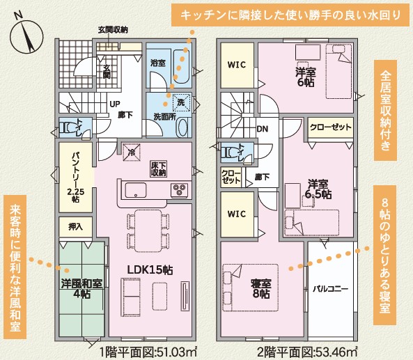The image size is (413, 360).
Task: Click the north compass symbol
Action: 26,36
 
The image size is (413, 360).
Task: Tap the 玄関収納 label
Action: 113,30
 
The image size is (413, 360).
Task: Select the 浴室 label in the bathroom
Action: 158,63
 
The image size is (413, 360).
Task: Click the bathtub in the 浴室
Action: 182,66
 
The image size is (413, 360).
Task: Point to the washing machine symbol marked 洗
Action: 182,102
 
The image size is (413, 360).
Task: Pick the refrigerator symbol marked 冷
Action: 131,152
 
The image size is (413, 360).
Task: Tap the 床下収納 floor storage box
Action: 158,169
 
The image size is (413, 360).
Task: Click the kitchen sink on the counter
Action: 136,190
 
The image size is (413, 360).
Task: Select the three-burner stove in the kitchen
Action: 180,190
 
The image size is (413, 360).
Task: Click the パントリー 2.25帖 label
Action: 76,176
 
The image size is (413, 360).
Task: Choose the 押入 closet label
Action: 76,227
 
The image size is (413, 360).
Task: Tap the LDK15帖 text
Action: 150,269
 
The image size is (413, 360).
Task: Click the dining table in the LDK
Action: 148,230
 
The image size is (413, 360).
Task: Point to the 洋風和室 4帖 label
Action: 81,288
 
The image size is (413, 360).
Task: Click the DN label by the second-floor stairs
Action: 263,129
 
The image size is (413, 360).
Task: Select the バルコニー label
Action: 331,289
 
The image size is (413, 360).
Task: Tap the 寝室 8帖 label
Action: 261,288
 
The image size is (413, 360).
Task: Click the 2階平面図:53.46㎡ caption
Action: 307,352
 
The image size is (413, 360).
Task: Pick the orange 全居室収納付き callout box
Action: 386,110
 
